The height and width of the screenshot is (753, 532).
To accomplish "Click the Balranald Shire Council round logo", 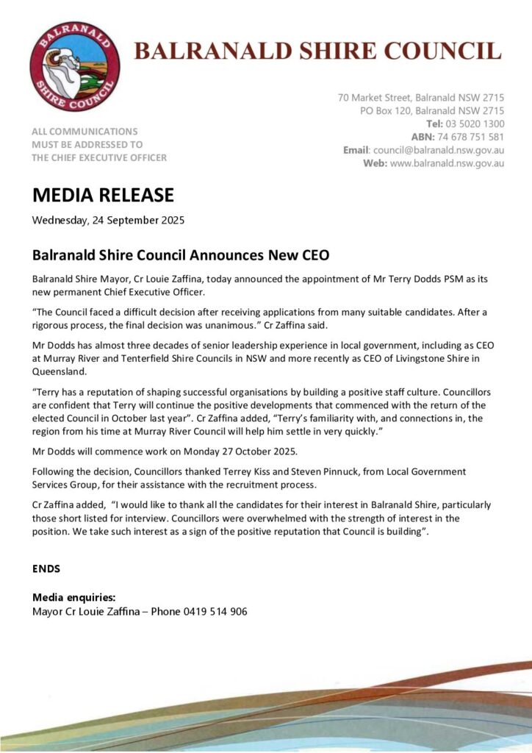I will point(74,66).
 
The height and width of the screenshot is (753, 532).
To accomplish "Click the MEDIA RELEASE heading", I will point(103,195).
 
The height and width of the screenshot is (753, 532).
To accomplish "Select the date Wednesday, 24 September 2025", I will point(108,220).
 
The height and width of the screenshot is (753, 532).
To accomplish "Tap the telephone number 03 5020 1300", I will point(475,124).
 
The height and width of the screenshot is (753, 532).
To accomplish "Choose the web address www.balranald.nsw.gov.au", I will point(447,163).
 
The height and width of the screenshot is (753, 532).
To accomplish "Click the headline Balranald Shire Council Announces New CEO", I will point(181,256).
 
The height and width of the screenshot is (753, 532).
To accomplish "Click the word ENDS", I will point(46,568).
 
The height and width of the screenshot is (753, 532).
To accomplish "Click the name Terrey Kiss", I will point(242,471).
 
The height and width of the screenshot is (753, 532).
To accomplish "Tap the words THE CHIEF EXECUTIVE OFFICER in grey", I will point(98,157).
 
